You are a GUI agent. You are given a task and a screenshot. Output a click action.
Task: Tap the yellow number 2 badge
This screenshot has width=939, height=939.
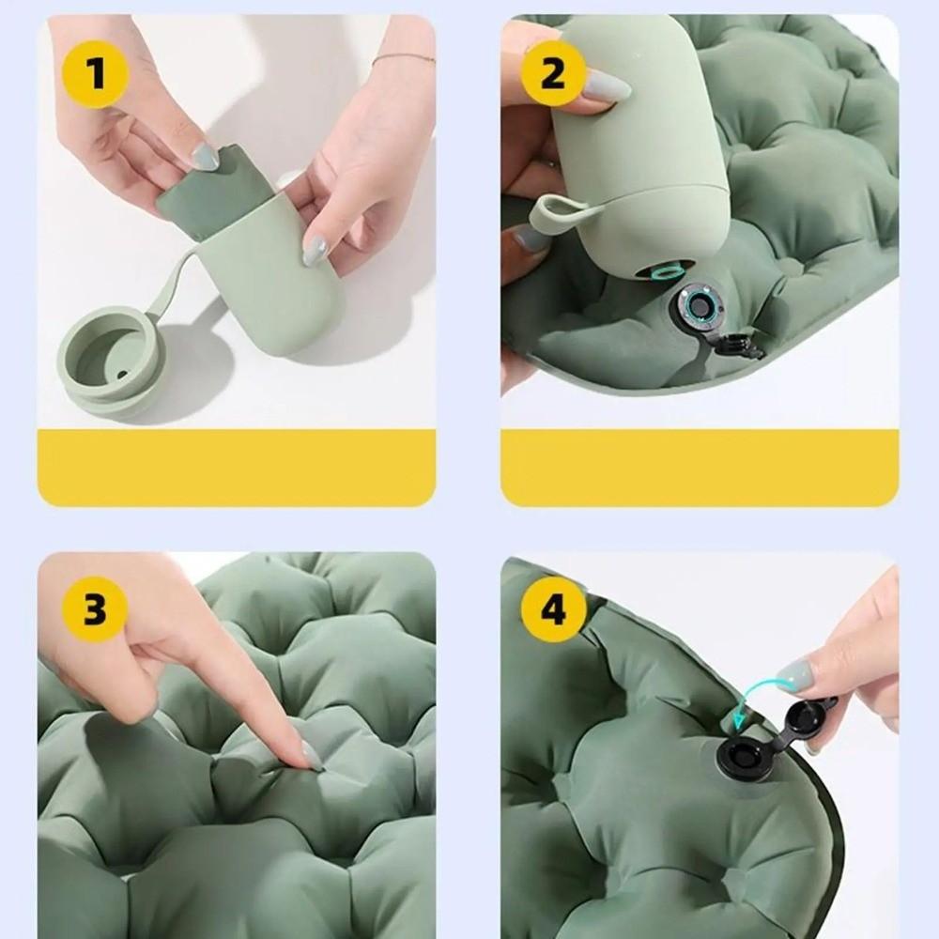point(553,72)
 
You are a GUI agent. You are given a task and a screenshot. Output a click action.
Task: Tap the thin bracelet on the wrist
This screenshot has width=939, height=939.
point(403,59)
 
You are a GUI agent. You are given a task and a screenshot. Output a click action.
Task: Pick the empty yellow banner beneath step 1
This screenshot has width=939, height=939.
point(236,467)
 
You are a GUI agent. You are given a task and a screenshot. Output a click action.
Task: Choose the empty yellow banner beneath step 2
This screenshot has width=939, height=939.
point(699,467)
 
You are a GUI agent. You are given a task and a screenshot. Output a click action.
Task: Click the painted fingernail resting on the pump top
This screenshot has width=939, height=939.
point(606,86)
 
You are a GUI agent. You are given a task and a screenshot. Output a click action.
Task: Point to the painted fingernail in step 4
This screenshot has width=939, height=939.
point(794,673)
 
